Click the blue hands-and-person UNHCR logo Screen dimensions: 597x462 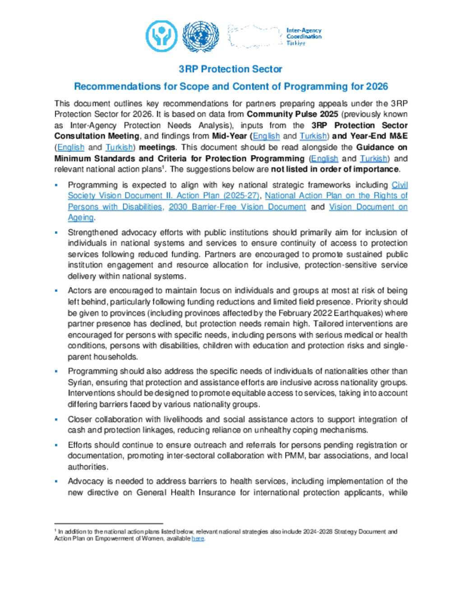click(x=161, y=36)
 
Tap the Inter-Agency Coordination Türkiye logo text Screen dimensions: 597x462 click(x=304, y=36)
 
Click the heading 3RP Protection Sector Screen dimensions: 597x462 click(x=230, y=69)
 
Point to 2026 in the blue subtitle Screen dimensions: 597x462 click(x=377, y=87)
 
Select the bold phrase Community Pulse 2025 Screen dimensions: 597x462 click(x=292, y=114)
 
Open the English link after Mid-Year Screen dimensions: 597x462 click(x=266, y=136)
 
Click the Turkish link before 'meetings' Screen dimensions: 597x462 click(x=119, y=147)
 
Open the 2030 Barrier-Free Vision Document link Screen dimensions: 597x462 click(x=237, y=207)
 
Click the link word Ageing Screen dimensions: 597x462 click(x=81, y=218)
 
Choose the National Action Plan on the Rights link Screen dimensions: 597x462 click(x=336, y=196)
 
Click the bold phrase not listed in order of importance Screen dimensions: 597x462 click(x=335, y=169)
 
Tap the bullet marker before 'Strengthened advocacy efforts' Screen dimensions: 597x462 click(x=56, y=232)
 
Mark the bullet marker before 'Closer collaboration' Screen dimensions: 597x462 click(x=56, y=419)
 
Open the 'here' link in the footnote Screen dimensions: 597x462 click(x=198, y=538)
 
